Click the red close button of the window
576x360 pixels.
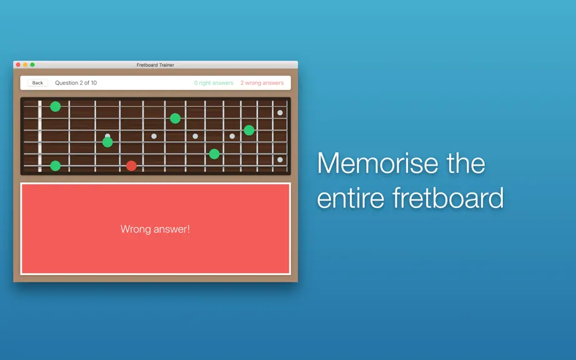[18, 64]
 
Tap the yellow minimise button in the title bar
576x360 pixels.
[26, 64]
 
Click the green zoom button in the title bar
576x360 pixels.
[32, 64]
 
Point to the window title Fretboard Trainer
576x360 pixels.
[156, 65]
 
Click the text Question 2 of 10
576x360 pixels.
[76, 83]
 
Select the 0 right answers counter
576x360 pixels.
[214, 83]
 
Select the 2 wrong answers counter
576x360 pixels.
[262, 83]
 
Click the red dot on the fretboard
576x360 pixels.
[131, 166]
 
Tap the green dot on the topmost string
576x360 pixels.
[56, 106]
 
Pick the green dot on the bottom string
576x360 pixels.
[56, 166]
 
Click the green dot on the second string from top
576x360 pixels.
[175, 118]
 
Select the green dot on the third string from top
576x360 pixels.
[249, 130]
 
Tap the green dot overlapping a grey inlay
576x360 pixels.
[107, 142]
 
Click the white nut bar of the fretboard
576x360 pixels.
[40, 136]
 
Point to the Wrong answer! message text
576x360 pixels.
[155, 229]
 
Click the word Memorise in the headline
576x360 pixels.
[377, 163]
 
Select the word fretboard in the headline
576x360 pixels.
[448, 197]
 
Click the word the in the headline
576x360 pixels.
[466, 163]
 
